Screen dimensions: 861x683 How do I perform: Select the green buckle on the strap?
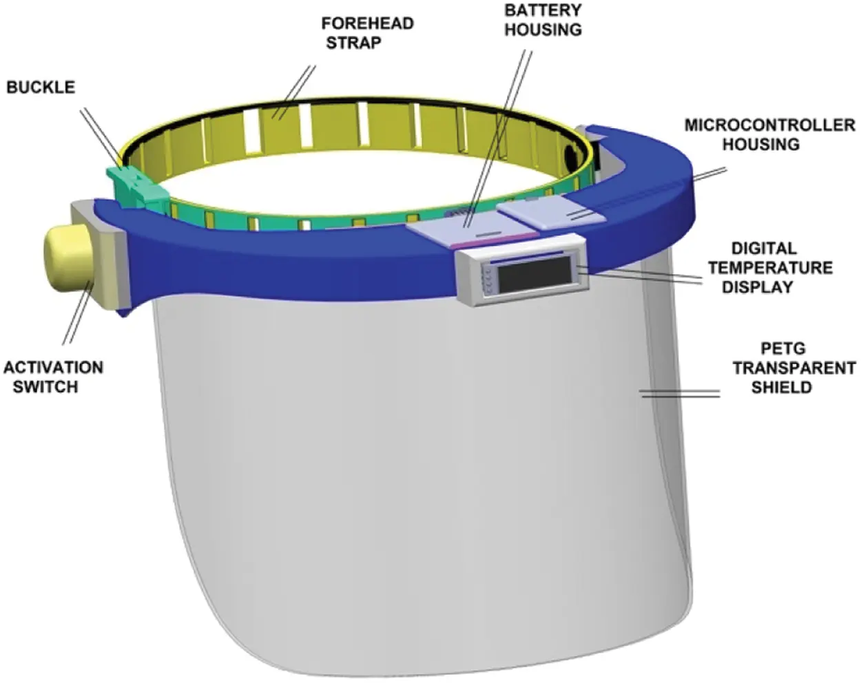(x=138, y=187)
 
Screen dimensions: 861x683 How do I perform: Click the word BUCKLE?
(x=41, y=87)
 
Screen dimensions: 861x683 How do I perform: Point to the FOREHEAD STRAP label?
(x=367, y=33)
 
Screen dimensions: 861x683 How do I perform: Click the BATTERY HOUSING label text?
(x=543, y=20)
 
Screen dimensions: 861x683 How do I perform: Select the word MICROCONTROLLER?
(x=770, y=125)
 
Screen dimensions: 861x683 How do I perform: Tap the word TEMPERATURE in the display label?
(x=771, y=268)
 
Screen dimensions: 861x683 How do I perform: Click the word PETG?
(x=783, y=348)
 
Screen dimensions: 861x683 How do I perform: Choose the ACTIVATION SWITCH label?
(x=53, y=377)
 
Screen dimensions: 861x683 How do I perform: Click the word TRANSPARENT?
(x=794, y=368)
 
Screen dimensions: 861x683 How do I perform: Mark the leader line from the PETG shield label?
(x=680, y=394)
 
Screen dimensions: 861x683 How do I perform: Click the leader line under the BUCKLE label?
(x=103, y=135)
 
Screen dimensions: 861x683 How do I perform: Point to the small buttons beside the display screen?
(x=488, y=281)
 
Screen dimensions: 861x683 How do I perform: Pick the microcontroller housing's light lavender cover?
(x=551, y=213)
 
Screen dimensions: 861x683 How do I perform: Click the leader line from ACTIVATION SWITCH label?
(x=79, y=311)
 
